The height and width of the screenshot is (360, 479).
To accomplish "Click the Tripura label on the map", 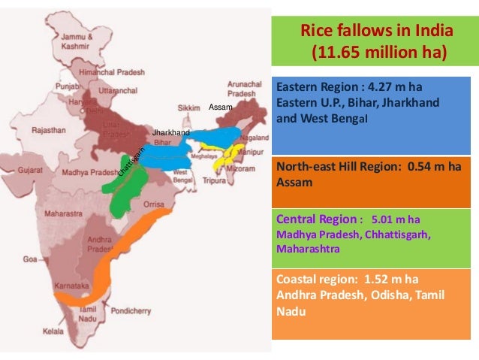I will (x=216, y=180).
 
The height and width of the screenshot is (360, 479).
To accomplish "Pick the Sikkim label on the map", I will (x=191, y=108).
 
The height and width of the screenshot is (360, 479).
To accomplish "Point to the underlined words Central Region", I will (x=315, y=219).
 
